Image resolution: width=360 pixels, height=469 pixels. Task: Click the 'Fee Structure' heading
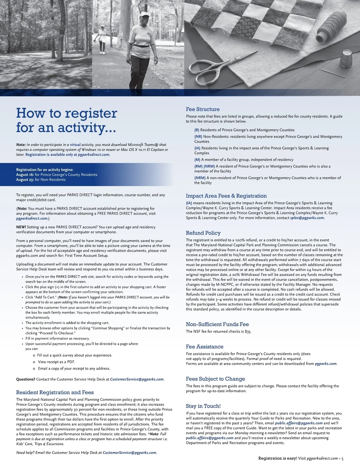click(x=202, y=109)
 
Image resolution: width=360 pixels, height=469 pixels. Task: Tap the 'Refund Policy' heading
click(x=203, y=233)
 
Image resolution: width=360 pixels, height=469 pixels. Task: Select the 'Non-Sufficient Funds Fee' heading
click(x=217, y=324)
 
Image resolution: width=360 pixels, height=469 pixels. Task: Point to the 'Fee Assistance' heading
click(x=205, y=347)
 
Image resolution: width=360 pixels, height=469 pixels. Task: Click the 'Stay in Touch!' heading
click(x=203, y=406)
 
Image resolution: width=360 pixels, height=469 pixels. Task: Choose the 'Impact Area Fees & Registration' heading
click(x=226, y=196)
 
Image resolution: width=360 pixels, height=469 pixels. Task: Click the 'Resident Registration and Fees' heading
click(x=55, y=392)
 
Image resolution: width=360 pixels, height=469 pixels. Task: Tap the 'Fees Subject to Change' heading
click(x=215, y=379)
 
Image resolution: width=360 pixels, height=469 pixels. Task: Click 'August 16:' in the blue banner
click(x=25, y=175)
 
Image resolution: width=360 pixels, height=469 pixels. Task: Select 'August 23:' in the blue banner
click(x=25, y=180)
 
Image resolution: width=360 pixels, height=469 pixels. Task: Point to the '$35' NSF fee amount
click(x=248, y=332)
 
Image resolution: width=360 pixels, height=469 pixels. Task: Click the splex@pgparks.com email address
click(x=307, y=218)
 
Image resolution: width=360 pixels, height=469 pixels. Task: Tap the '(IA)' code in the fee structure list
click(x=197, y=148)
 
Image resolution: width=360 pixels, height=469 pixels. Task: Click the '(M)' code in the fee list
click(x=197, y=160)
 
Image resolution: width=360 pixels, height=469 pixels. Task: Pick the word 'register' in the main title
click(x=91, y=113)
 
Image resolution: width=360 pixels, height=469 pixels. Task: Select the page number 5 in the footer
click(x=342, y=458)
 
